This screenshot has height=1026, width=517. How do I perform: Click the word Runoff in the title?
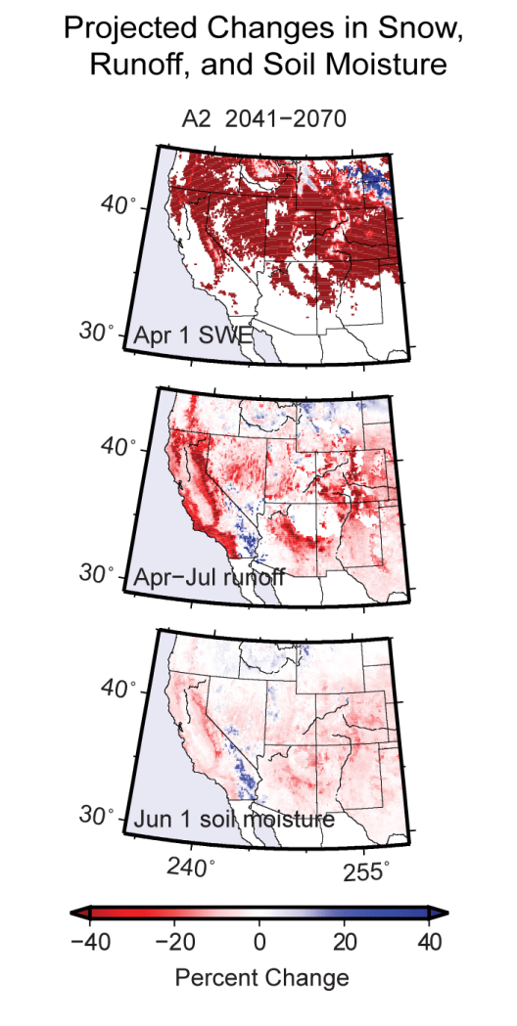coord(134,66)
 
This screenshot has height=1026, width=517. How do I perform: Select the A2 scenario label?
coord(199,120)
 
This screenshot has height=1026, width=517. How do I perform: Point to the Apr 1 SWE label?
coord(190,335)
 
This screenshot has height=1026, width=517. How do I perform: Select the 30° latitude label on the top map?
coord(95,331)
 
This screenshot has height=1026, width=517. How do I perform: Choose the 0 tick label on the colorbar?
coord(259,942)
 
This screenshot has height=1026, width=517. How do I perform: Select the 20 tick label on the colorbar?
coord(345,942)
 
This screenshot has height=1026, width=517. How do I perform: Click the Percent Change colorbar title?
coord(260,976)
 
